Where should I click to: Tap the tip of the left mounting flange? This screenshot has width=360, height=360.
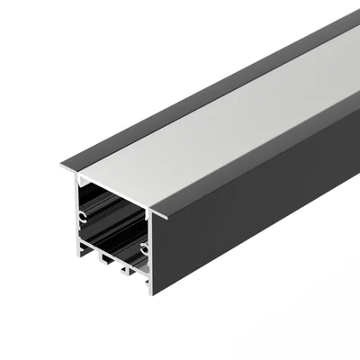point(64,166)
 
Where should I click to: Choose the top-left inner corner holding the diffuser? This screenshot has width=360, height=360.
point(79,176)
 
